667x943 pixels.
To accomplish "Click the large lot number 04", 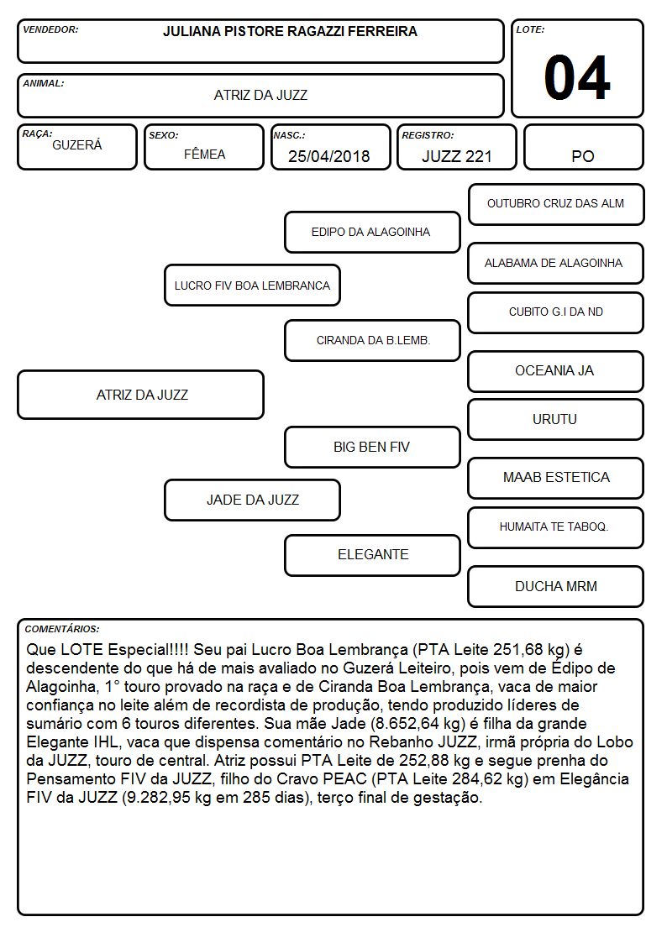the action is pos(577,77).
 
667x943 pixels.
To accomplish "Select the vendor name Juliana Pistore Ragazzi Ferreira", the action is pos(290,31).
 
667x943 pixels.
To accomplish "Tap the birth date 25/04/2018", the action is pos(329,156).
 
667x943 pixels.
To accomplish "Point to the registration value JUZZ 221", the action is pos(456,156).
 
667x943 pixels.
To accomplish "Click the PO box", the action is pos(583,147).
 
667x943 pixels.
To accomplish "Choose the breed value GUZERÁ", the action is pos(77,145).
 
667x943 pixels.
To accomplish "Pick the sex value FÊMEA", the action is pos(204,154).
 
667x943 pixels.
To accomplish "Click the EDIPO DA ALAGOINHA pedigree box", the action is pos(372,232).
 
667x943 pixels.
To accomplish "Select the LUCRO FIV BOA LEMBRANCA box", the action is pos(253,285).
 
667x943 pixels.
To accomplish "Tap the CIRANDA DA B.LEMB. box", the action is pos(372,340).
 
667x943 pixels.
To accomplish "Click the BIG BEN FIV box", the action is pos(372,447).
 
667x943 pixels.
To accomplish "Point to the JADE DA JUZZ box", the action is pos(253,500).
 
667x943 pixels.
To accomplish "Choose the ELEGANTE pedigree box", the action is pos(372,555).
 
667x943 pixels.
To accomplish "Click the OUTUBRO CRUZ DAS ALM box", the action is pos(556,205).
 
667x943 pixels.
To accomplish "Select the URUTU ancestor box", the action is pos(556,419).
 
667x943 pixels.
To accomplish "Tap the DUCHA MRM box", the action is pos(556,586).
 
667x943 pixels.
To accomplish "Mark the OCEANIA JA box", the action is pos(556,371).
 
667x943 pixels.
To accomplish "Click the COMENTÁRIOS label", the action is pos(62,629).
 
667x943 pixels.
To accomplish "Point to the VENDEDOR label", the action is pos(50,29).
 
